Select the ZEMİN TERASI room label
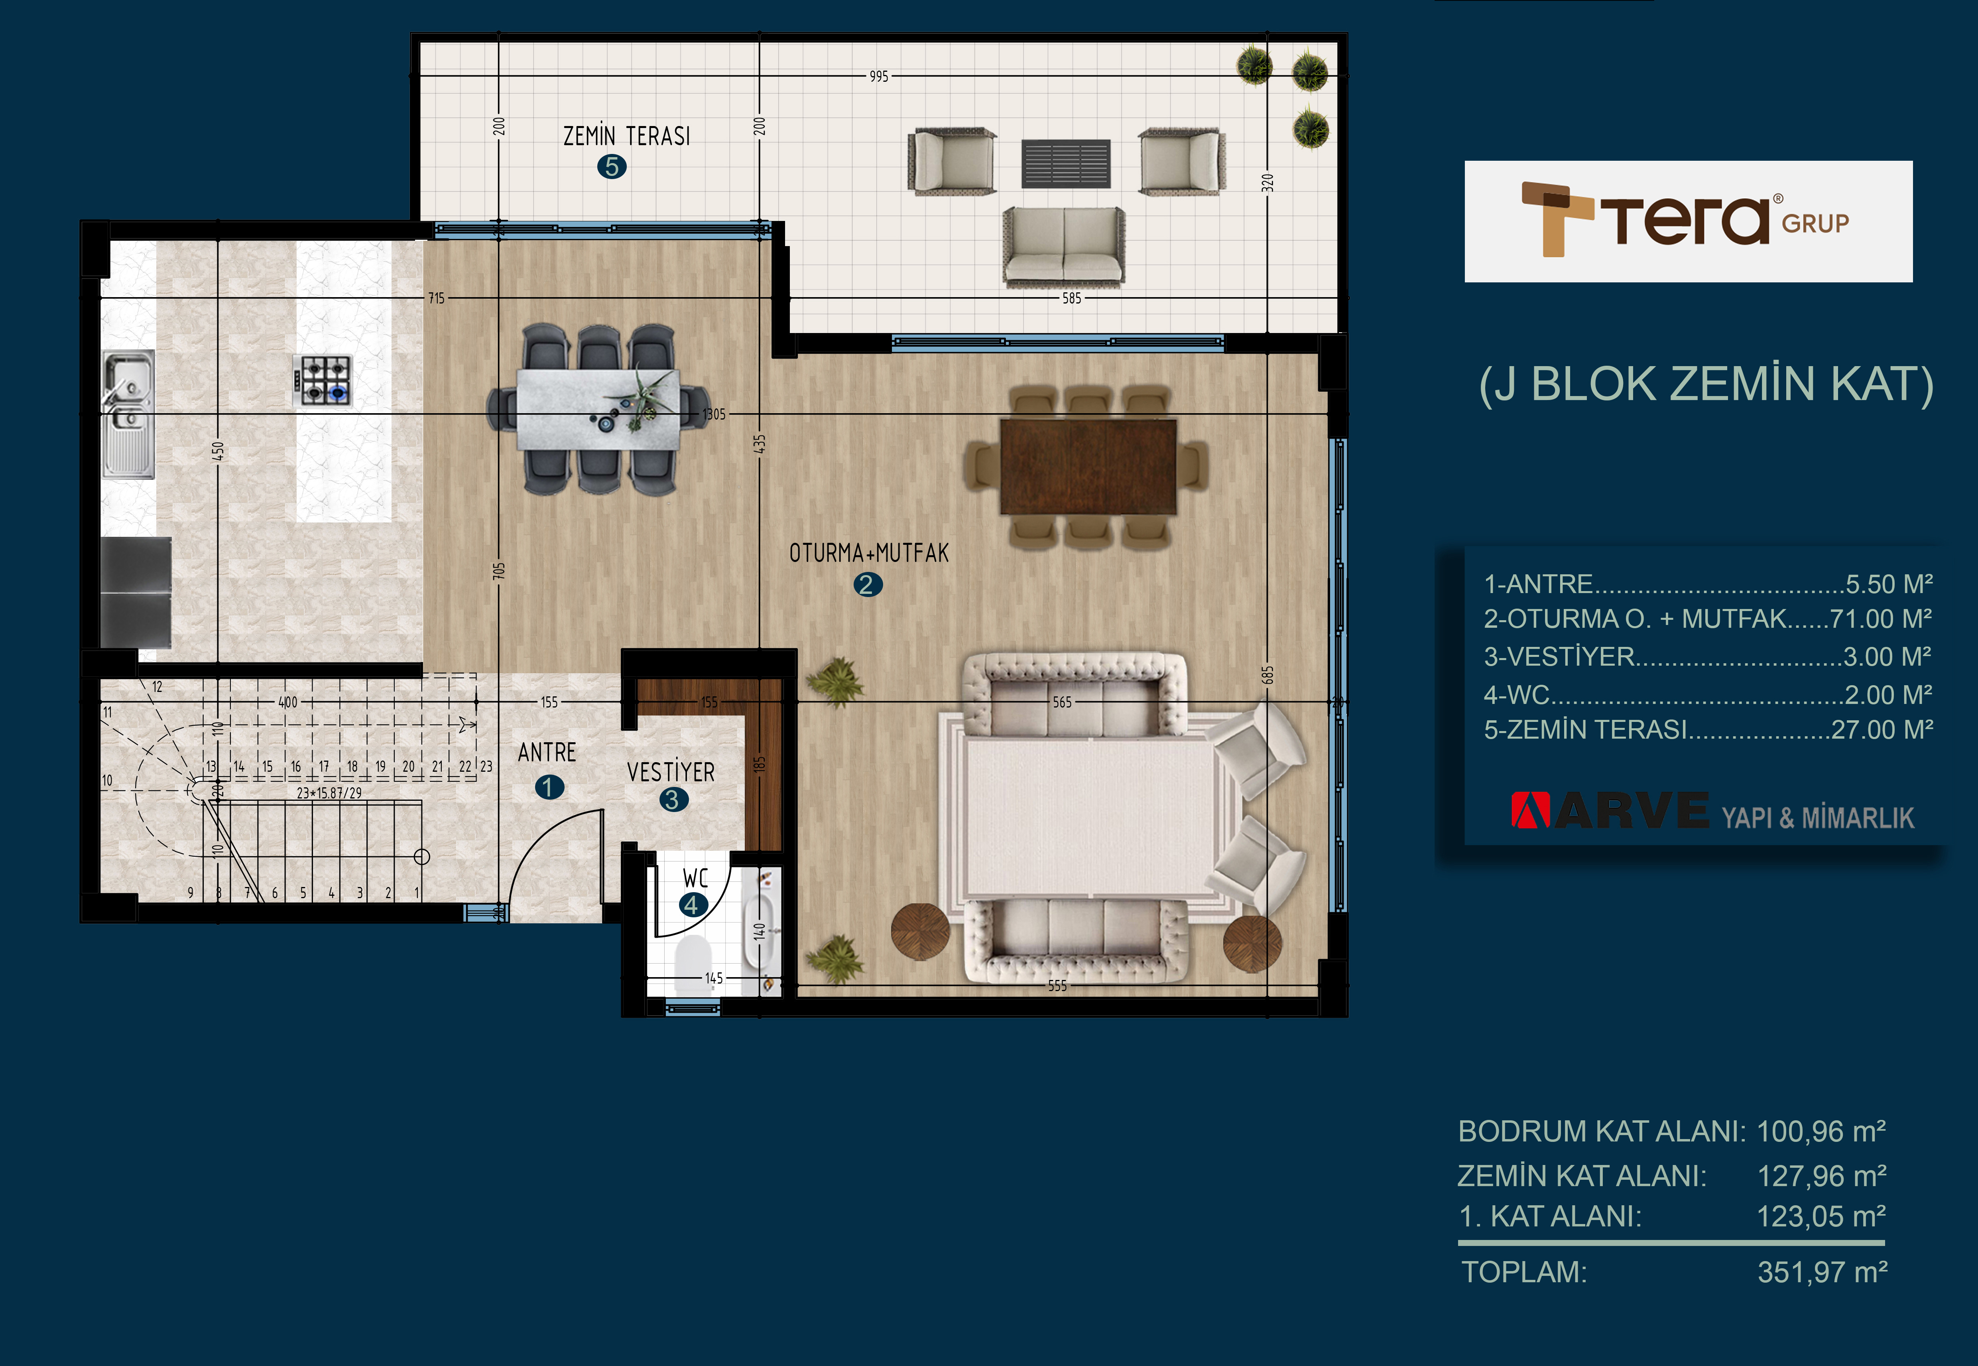pyautogui.click(x=626, y=136)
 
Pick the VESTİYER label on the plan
pyautogui.click(x=671, y=772)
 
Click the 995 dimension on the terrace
pyautogui.click(x=879, y=76)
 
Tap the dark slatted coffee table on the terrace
pyautogui.click(x=1066, y=164)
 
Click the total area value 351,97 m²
pyautogui.click(x=1822, y=1272)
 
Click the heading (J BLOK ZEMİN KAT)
pyautogui.click(x=1706, y=384)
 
